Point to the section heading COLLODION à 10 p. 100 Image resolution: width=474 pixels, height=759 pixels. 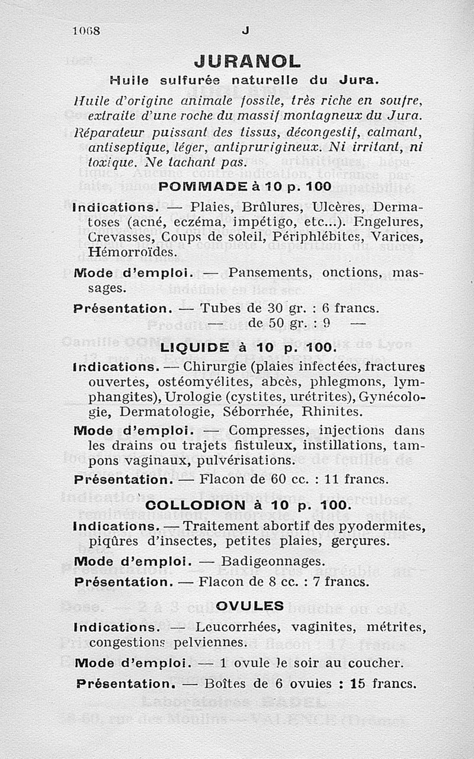click(248, 506)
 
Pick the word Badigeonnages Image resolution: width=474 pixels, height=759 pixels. click(273, 560)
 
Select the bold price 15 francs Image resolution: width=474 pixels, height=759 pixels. click(383, 683)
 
